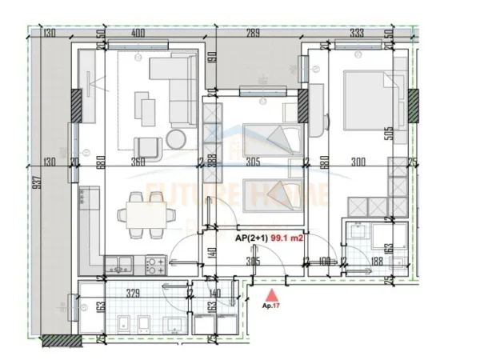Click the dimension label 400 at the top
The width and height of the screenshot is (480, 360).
pyautogui.click(x=138, y=34)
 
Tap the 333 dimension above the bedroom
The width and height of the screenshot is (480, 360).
pyautogui.click(x=356, y=34)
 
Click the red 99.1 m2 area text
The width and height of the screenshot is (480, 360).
pyautogui.click(x=288, y=238)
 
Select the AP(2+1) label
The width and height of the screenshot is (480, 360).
pyautogui.click(x=251, y=238)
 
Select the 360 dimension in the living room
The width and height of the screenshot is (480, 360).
pyautogui.click(x=138, y=161)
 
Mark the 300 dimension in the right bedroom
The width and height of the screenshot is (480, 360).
pyautogui.click(x=358, y=161)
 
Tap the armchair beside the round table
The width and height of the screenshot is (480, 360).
pyautogui.click(x=146, y=146)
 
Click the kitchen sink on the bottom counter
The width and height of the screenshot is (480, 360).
pyautogui.click(x=121, y=262)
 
